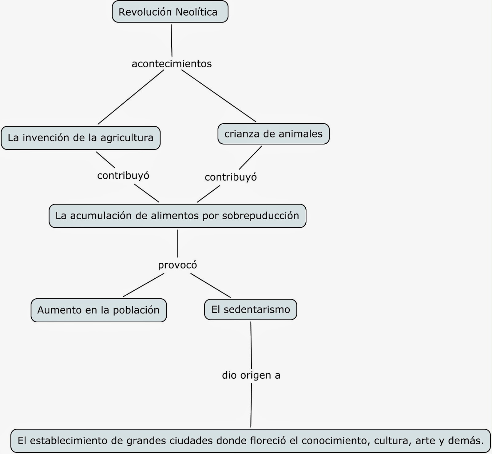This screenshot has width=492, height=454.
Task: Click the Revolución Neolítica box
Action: [x=170, y=12]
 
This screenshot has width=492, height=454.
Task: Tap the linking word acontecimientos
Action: [x=172, y=64]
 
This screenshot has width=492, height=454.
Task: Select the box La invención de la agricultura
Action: [x=81, y=138]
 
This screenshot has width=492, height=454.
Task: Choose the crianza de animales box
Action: [x=273, y=134]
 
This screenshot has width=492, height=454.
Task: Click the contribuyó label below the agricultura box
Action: [x=123, y=175]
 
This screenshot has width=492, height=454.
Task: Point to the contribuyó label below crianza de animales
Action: [x=231, y=177]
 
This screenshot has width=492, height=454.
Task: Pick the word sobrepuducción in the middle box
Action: [x=260, y=216]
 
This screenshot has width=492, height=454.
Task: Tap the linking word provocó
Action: [x=177, y=265]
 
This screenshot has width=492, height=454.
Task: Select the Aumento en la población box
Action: [x=98, y=310]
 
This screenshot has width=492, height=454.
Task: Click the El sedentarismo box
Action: [x=251, y=309]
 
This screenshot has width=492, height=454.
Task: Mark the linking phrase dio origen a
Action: [x=251, y=375]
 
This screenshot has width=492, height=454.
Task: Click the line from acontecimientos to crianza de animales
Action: [x=219, y=96]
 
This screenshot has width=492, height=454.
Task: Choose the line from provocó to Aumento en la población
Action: [x=144, y=285]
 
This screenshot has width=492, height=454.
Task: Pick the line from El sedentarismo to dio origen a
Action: [x=251, y=344]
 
